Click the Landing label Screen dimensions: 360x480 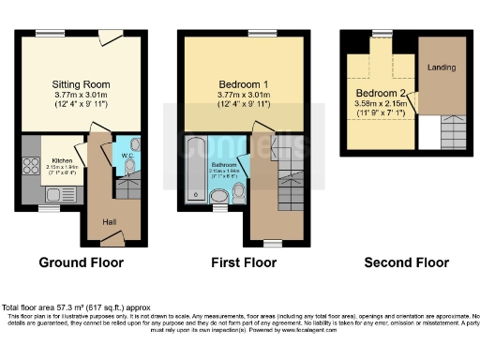[x=441, y=68]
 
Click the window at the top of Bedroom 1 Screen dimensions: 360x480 [x=255, y=35]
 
